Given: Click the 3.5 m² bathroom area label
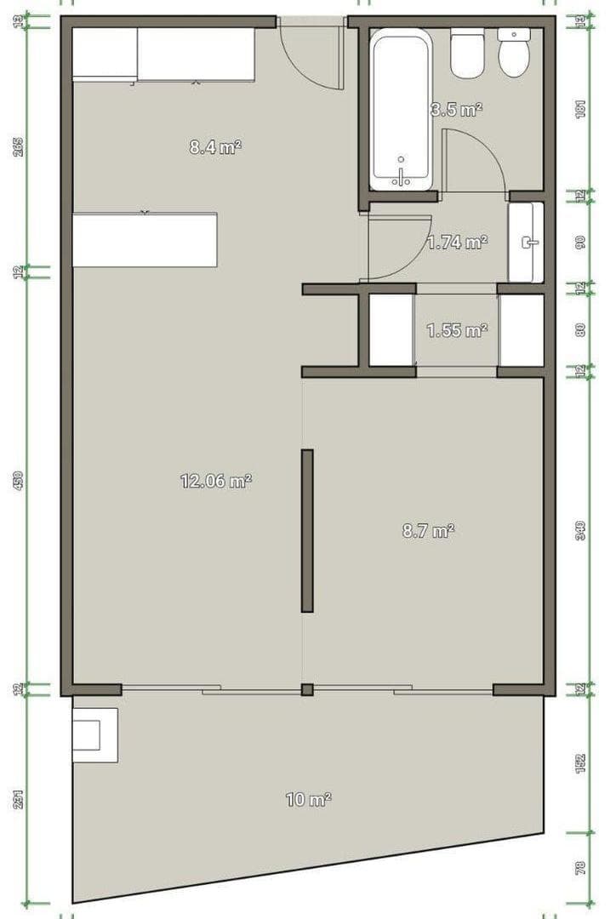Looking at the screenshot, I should click(x=457, y=109).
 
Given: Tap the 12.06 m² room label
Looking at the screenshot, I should click(x=215, y=481).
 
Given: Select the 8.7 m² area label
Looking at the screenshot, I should click(x=428, y=531).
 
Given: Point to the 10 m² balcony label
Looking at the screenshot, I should click(x=308, y=800).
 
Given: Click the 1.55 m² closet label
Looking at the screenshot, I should click(x=457, y=330).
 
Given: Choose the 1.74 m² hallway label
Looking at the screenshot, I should click(x=457, y=243).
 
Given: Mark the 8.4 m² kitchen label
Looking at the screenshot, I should click(x=215, y=147).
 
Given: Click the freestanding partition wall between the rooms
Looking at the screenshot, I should click(x=307, y=530).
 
